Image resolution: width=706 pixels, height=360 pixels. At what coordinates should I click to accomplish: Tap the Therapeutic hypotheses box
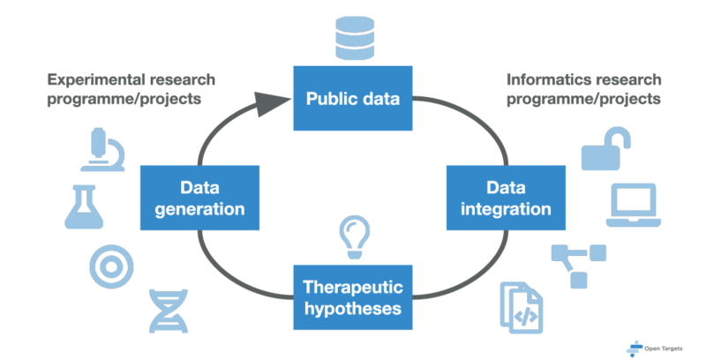[352, 297]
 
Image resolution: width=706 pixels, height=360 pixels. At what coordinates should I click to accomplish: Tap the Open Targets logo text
[665, 345]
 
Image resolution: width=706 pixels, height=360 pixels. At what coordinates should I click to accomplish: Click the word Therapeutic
[352, 287]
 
